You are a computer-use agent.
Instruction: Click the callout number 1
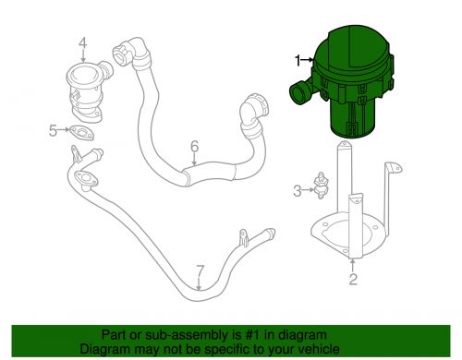coord(298,61)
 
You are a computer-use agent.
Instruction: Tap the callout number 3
coord(298,191)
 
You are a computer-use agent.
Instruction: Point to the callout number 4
coord(81,42)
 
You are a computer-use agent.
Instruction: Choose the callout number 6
coord(195,146)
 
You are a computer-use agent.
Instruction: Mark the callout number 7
coord(199,270)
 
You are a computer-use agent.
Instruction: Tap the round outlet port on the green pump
coord(299,92)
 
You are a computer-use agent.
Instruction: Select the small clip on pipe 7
coord(245,239)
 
